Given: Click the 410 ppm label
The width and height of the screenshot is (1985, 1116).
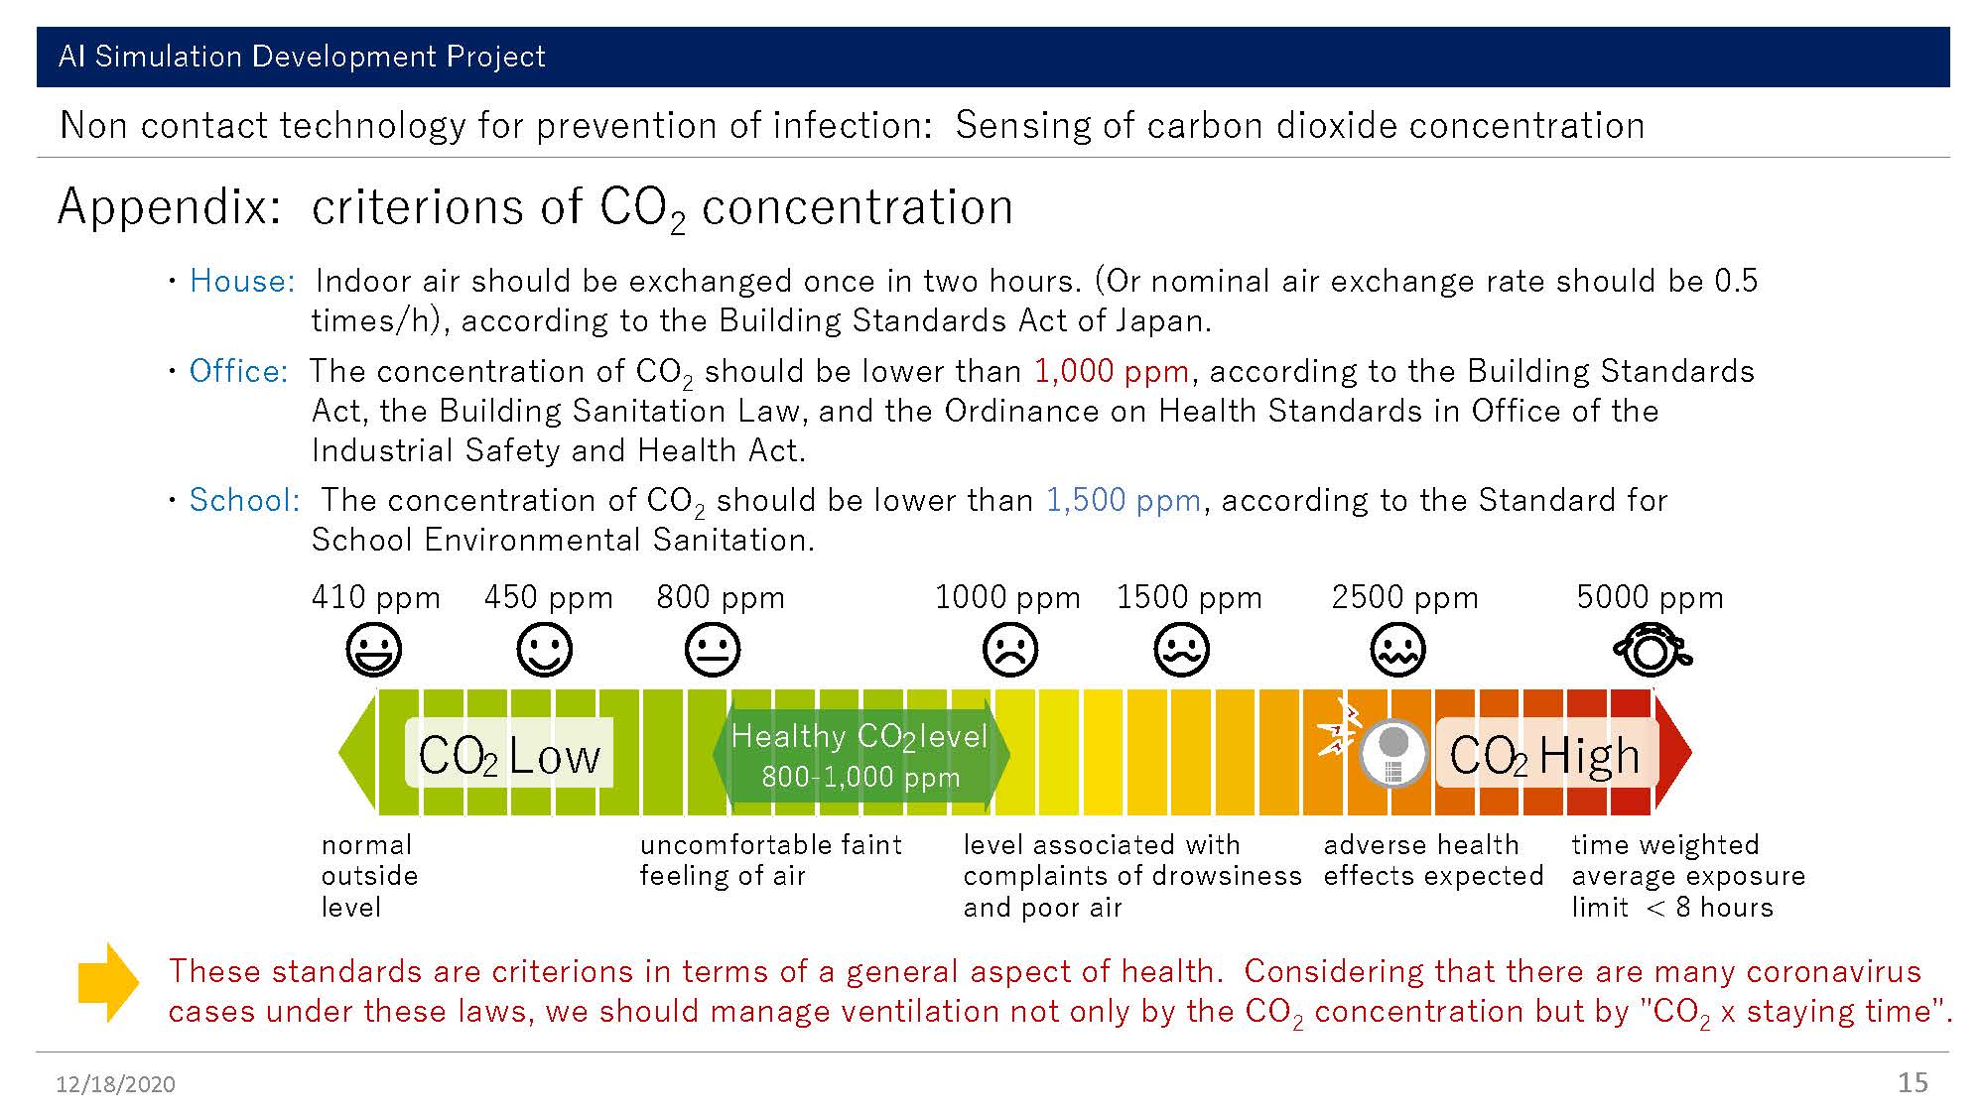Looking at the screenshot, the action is click(x=375, y=597).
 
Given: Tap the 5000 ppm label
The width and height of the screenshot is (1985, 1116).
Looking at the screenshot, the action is click(x=1650, y=597).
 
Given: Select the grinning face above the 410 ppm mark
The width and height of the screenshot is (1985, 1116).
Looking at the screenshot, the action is click(x=374, y=651).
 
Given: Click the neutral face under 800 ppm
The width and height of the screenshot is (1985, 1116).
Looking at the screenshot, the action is click(x=713, y=651).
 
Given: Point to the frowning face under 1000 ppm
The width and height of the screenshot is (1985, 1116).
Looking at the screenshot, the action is click(x=1010, y=651).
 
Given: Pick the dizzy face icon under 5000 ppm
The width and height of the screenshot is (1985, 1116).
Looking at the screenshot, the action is click(x=1652, y=651).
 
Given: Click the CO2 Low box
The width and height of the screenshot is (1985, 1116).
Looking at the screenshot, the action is click(x=509, y=753).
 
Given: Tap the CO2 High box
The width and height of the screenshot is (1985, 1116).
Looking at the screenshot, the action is click(x=1545, y=753).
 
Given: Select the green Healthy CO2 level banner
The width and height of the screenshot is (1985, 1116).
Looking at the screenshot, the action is click(x=860, y=754).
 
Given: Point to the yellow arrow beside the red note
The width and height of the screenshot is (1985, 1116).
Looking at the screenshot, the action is click(x=109, y=982).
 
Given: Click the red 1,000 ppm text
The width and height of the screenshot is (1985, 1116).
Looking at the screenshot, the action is click(x=1112, y=371).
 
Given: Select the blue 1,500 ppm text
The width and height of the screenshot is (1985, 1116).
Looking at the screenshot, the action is click(x=1124, y=500).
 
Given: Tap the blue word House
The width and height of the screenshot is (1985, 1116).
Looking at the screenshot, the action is click(x=242, y=281).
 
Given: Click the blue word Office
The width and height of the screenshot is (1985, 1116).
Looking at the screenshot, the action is click(x=238, y=371).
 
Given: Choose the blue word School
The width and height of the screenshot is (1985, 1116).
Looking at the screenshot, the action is click(x=244, y=500).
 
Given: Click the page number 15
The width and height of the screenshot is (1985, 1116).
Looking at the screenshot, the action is click(x=1913, y=1082).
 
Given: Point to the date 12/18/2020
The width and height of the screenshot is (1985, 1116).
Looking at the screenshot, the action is click(x=115, y=1084).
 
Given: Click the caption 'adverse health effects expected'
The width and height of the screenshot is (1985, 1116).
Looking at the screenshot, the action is click(x=1433, y=860).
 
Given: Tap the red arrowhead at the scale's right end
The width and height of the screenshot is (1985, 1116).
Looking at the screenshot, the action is click(x=1673, y=753).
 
